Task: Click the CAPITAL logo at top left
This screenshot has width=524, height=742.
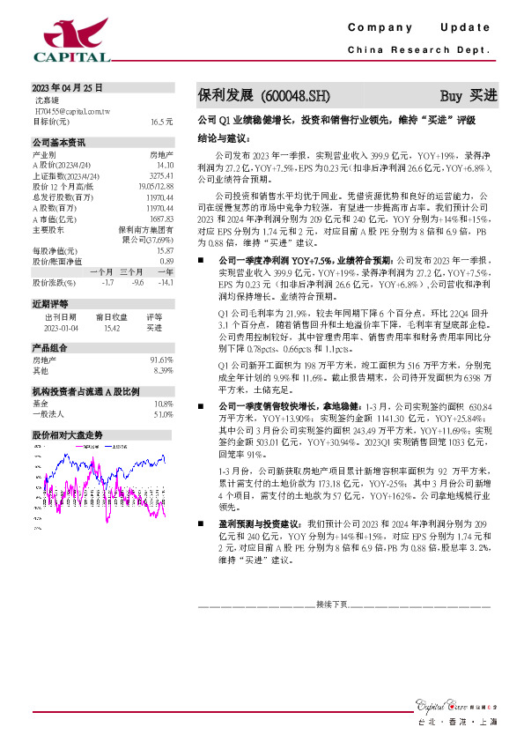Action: click(71, 41)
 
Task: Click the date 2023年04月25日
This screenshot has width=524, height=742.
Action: click(68, 87)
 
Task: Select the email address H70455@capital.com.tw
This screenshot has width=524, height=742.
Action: click(71, 111)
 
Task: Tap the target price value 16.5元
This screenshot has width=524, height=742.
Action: click(161, 121)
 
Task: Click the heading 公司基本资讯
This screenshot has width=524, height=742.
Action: click(59, 142)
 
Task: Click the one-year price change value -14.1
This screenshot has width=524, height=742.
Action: click(164, 282)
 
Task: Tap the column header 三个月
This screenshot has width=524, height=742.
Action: click(133, 271)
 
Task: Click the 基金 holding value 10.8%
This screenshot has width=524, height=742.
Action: click(162, 403)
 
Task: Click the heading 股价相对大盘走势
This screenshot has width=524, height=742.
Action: click(68, 435)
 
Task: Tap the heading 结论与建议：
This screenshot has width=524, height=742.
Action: click(225, 138)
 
